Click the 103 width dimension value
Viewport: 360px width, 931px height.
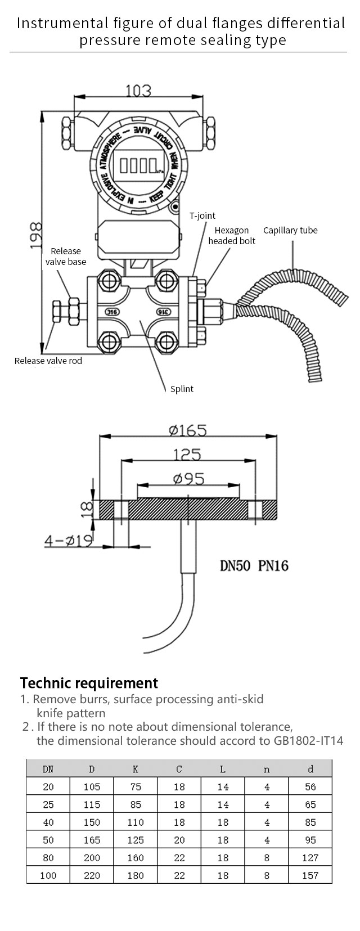(138, 91)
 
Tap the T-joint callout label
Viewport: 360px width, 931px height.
(202, 215)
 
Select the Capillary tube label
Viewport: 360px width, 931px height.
(290, 230)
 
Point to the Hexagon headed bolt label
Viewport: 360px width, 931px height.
(232, 236)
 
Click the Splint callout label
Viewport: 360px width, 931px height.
(182, 389)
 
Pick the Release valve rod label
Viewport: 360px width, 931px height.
(48, 361)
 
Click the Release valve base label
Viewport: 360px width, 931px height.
(66, 256)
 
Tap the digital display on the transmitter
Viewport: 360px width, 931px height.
(135, 165)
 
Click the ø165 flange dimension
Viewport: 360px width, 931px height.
(188, 430)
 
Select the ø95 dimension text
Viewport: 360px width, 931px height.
(188, 479)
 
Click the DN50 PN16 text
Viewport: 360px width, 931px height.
(254, 565)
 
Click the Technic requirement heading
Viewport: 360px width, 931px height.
(89, 683)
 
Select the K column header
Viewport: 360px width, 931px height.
(135, 769)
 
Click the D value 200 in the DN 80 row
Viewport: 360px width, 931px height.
(92, 858)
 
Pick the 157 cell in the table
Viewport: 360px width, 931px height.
(310, 875)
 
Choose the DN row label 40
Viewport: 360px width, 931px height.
(48, 822)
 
